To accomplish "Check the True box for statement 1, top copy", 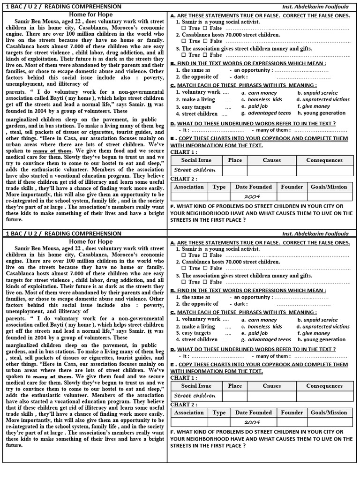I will (x=184, y=28).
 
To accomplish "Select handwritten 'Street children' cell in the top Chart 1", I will (x=195, y=170).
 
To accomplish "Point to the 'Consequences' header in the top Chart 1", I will (x=324, y=160).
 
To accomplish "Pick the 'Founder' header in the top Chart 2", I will (x=292, y=187).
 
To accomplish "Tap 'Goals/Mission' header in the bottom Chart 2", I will (x=329, y=412).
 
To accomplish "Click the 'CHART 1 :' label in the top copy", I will (x=184, y=152).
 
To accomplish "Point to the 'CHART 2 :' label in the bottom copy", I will (x=184, y=405).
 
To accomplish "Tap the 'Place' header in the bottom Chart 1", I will (x=235, y=386).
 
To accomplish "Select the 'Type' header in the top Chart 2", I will (x=219, y=187).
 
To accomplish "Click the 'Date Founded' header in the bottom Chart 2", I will (x=254, y=412).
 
